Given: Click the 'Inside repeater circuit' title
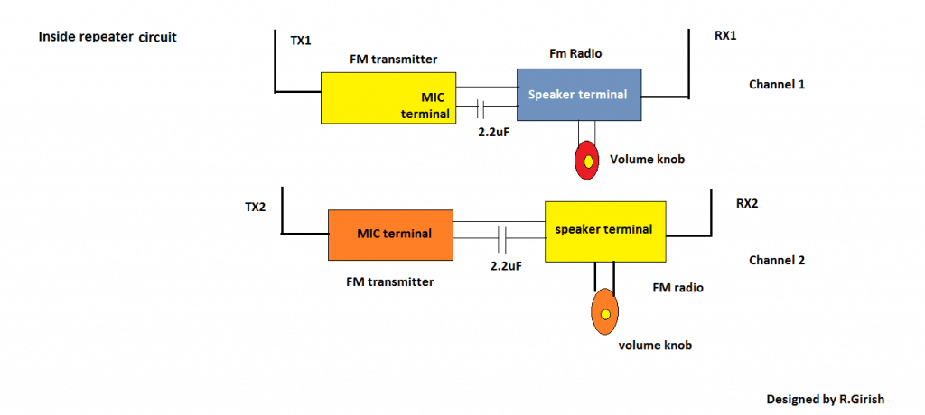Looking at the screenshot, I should [x=107, y=38].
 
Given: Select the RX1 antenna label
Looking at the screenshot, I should [x=725, y=37].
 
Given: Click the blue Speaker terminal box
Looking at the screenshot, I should [x=578, y=95].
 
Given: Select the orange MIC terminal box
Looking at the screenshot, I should [x=390, y=235].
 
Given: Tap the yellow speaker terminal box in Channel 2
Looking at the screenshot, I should [x=606, y=231].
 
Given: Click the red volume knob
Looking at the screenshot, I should [x=587, y=161].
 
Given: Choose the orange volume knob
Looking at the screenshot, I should [x=604, y=312].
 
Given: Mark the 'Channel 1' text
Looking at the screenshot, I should [x=776, y=84].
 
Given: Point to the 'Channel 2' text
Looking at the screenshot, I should [x=776, y=260].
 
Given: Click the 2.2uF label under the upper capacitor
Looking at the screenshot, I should [x=495, y=131].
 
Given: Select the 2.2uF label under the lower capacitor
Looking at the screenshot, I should [x=507, y=268].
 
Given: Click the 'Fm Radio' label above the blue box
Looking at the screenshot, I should [x=575, y=53].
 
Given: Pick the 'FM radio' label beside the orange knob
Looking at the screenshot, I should [x=677, y=288].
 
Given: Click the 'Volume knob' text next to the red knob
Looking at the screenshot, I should [x=647, y=161].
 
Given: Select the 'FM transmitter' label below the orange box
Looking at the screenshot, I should [x=389, y=281].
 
